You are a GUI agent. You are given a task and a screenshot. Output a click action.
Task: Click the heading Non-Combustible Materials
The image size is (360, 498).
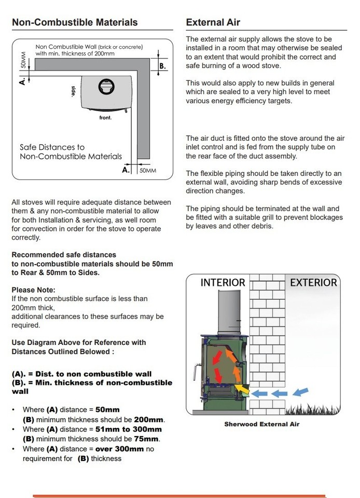click(75, 22)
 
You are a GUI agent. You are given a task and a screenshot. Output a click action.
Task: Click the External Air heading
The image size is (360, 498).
click(213, 22)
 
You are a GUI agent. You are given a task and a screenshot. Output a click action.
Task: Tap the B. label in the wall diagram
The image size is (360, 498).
click(162, 66)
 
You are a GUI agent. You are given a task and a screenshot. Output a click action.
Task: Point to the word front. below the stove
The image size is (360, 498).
click(105, 117)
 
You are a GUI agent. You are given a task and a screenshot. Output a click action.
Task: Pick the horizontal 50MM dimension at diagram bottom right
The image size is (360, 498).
click(147, 170)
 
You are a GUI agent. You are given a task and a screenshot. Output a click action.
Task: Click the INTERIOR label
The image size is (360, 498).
click(223, 283)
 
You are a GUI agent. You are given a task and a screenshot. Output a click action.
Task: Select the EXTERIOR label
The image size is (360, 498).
click(313, 283)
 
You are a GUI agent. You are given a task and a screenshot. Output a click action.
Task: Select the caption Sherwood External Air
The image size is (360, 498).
click(261, 424)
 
